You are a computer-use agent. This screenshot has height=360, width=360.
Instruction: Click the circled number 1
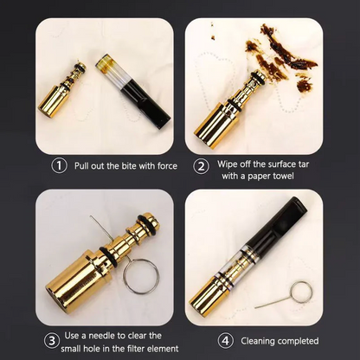pos(59,166)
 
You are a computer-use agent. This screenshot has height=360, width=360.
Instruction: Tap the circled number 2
pos(201,166)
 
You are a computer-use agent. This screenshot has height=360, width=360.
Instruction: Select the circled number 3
pos(52,341)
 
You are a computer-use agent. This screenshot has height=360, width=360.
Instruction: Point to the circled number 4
pos(225,341)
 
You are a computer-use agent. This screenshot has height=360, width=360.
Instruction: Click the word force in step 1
pos(167,166)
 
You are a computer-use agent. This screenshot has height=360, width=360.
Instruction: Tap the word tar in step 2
pos(302,164)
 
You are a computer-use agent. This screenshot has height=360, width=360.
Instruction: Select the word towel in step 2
pos(283,176)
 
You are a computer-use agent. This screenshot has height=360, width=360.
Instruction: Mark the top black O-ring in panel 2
pos(259,77)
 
